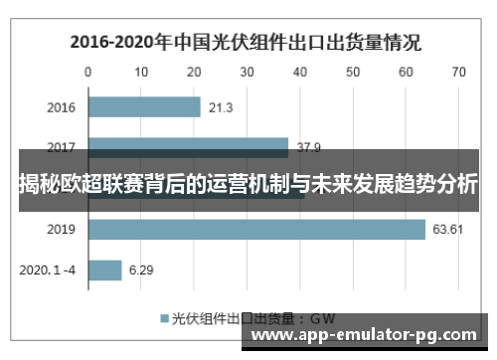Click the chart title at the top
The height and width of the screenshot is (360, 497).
245,43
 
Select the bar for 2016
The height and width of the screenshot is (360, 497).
144,107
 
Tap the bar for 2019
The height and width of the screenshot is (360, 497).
256,230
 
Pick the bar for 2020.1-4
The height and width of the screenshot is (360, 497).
105,270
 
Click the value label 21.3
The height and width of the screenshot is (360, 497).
221,107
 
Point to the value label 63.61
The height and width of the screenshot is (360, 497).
447,230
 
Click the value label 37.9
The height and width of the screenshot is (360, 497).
310,148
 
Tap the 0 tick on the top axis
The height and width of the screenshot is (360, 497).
88,72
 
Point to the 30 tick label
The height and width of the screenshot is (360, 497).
247,72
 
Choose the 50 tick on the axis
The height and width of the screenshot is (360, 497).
352,72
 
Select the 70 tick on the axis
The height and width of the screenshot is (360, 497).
458,72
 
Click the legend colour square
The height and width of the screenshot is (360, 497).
164,319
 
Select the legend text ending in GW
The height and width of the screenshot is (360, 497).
253,319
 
